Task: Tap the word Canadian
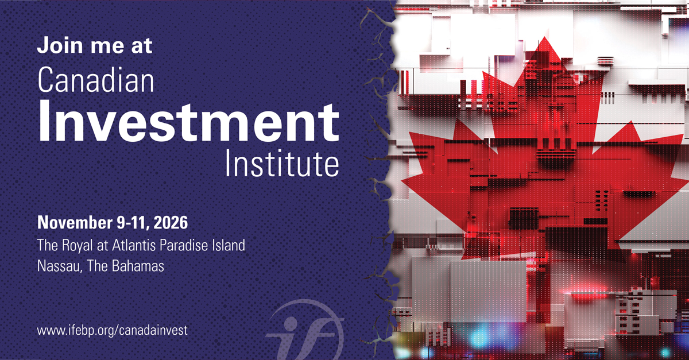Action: click(96, 80)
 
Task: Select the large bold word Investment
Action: click(188, 122)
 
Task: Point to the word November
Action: click(75, 222)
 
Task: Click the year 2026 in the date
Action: click(171, 222)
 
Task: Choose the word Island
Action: click(229, 245)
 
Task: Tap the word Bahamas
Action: click(138, 266)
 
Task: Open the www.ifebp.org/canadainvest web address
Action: click(113, 331)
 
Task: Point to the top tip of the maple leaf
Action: click(545, 37)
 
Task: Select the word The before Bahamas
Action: click(97, 266)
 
